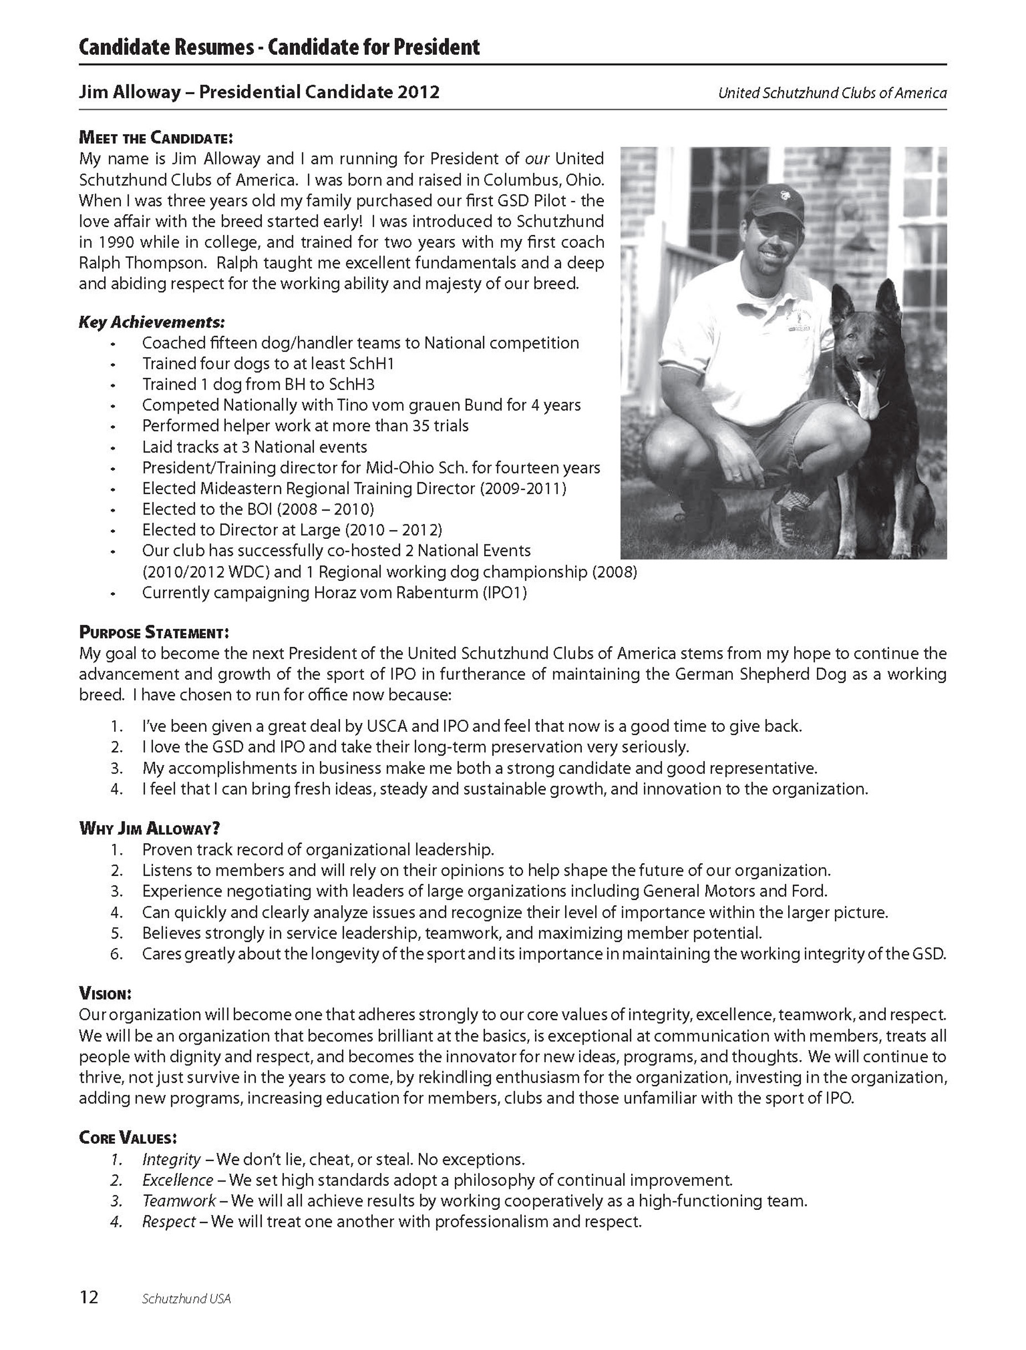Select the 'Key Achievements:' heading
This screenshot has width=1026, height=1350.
pos(151,322)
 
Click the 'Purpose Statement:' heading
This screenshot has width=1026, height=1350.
pos(154,632)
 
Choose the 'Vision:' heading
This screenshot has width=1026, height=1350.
pos(105,994)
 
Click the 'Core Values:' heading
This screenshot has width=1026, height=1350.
pos(128,1138)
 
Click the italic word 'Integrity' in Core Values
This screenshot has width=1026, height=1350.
pos(171,1159)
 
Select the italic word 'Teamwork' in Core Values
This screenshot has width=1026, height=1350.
pos(179,1201)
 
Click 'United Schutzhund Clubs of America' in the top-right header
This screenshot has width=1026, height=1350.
pos(832,94)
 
